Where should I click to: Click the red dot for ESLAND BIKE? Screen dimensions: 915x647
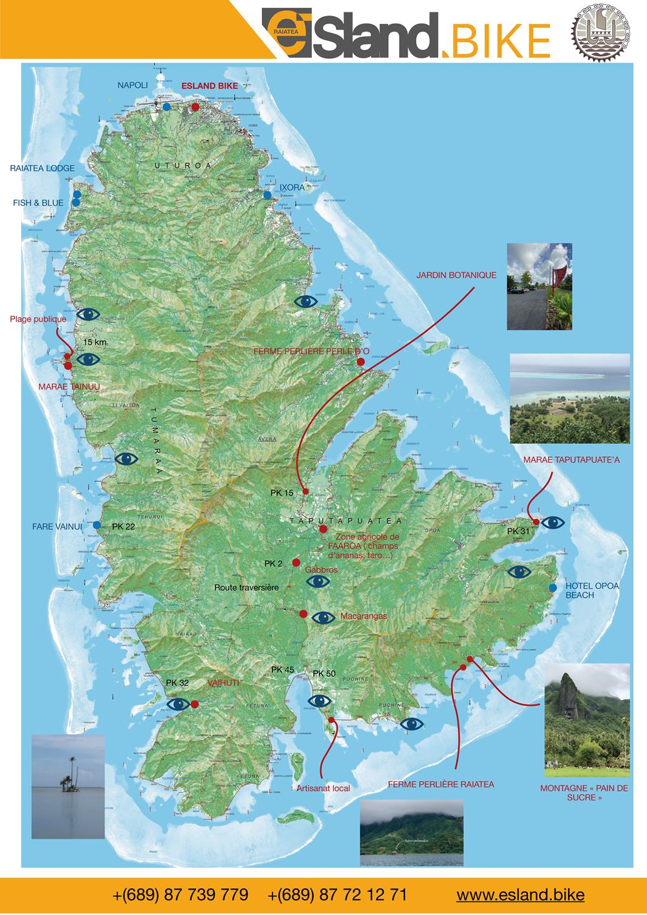click(x=195, y=107)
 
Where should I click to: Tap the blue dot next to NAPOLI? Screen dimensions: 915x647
click(x=167, y=107)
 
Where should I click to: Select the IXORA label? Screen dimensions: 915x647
click(x=292, y=187)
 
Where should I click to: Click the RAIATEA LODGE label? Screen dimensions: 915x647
click(x=42, y=168)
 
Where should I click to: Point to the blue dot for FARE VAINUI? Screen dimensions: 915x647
click(x=96, y=525)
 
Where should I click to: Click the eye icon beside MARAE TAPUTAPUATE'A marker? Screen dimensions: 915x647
click(x=553, y=522)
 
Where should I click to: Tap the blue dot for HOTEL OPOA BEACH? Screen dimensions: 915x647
click(x=552, y=588)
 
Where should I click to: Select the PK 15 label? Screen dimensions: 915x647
click(x=282, y=493)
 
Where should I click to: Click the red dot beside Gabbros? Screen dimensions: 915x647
click(x=296, y=562)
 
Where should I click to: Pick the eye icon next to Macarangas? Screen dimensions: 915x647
click(x=323, y=617)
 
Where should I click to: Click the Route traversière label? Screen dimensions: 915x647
click(x=247, y=588)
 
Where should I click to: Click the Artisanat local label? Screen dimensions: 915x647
click(x=323, y=788)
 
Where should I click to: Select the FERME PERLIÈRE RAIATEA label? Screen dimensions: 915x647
click(x=441, y=784)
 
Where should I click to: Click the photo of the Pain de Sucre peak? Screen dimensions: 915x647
click(x=587, y=720)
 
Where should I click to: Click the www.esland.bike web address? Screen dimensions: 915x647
click(x=520, y=895)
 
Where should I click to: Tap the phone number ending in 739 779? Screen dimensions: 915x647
click(x=181, y=895)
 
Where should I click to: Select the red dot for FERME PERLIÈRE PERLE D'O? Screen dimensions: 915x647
click(x=360, y=362)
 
